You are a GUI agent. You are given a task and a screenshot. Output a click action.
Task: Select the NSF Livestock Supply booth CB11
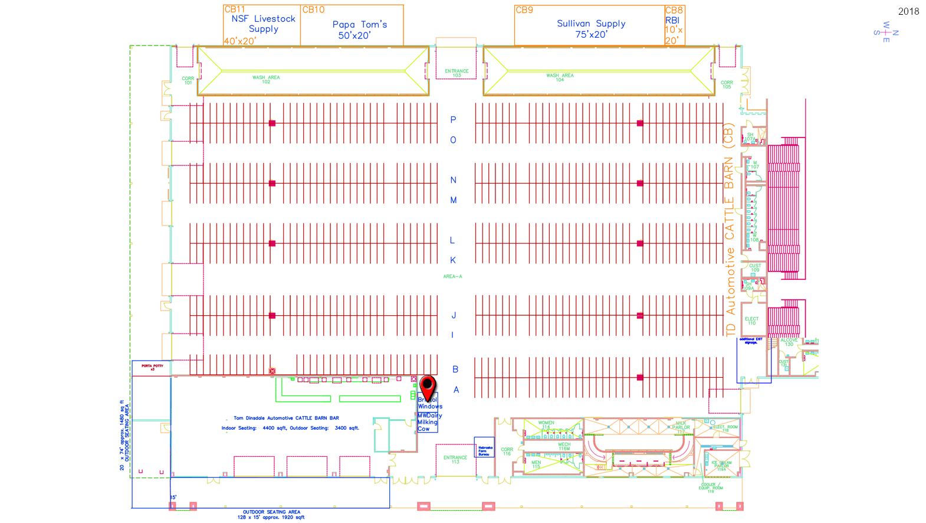(262, 25)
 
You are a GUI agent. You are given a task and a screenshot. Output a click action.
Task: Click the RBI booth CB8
(674, 25)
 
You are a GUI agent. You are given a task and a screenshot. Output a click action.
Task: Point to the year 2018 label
(908, 12)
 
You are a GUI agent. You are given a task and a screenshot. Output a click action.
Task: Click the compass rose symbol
(886, 33)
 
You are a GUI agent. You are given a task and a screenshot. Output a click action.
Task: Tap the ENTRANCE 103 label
(457, 73)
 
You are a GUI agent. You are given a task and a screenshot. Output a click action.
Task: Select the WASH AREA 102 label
(266, 79)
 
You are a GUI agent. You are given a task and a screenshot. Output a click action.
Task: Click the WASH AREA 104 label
(560, 77)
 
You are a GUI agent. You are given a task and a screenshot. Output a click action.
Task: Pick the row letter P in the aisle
(453, 120)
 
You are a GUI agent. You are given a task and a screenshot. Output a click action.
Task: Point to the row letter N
(453, 180)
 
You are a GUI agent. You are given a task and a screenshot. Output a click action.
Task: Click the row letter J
(453, 315)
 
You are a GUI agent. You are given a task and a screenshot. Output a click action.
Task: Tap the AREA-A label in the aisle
(452, 276)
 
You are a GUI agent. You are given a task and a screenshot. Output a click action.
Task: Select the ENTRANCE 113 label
(455, 459)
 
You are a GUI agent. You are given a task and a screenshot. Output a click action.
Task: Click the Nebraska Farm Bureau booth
(484, 451)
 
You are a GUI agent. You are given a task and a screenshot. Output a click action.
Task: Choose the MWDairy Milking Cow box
(428, 422)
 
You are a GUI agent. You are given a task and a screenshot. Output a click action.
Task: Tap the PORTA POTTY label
(152, 367)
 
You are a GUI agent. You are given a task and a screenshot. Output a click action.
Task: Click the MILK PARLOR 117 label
(681, 427)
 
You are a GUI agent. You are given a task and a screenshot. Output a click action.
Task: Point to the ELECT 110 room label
(751, 321)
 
